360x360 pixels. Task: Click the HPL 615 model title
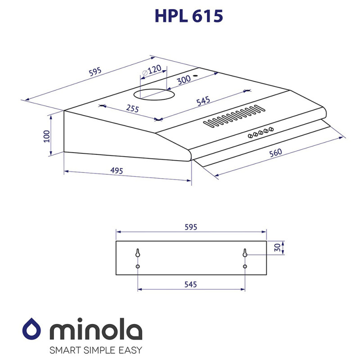pyautogui.click(x=189, y=16)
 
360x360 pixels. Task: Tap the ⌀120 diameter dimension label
pyautogui.click(x=152, y=71)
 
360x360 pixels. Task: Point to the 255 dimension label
pyautogui.click(x=132, y=108)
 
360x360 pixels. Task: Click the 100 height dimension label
pyautogui.click(x=45, y=136)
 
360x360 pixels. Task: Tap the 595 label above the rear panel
pyautogui.click(x=191, y=227)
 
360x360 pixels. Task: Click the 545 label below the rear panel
pyautogui.click(x=191, y=284)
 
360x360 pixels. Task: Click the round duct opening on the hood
pyautogui.click(x=155, y=94)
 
